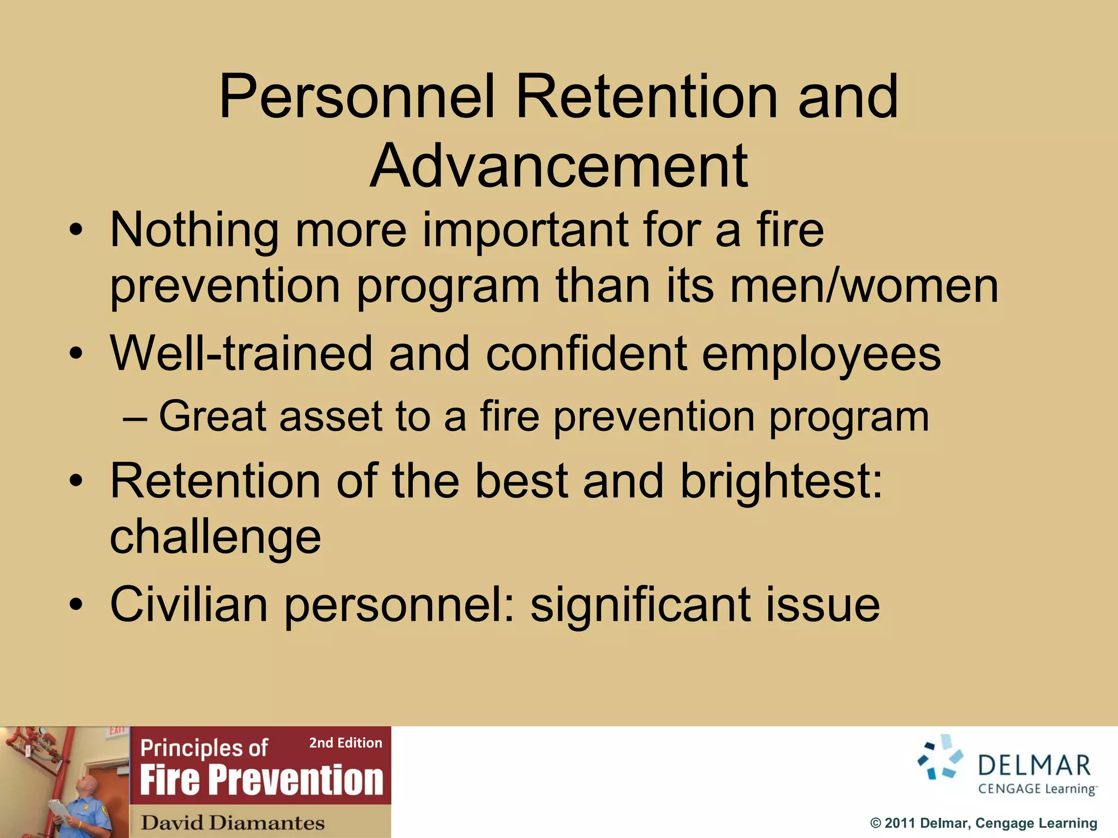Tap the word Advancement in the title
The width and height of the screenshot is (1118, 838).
click(559, 166)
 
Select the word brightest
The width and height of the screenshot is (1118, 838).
click(781, 482)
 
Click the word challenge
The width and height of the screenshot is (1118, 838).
click(215, 537)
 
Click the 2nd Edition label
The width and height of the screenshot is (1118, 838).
click(346, 743)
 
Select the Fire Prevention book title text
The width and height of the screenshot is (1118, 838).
click(261, 780)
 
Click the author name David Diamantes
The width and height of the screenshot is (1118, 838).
click(233, 823)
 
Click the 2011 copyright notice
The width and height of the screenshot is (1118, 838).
click(983, 823)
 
